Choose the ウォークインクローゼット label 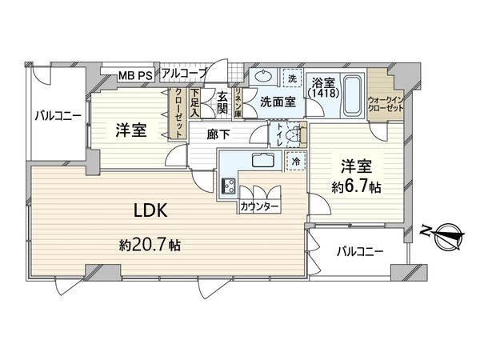pos(384,106)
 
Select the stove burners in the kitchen pos(227,188)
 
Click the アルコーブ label pos(184,74)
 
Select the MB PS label pos(135,76)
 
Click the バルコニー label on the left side pos(57,115)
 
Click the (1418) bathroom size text pos(324,94)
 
